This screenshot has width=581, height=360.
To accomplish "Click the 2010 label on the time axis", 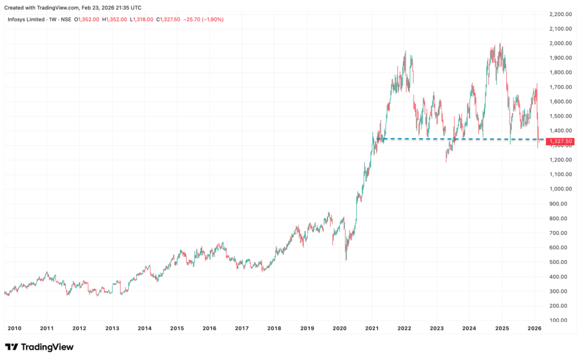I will (x=14, y=328).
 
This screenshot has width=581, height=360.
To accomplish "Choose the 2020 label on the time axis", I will (x=339, y=328).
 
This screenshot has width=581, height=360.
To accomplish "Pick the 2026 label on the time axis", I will (x=534, y=328).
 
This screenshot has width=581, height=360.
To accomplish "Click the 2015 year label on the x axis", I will (x=177, y=328).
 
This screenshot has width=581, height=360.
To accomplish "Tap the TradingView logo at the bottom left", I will (x=39, y=347).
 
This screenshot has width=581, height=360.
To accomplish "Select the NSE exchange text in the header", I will (x=66, y=19).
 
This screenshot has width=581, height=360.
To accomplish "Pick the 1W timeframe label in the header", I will (x=51, y=19).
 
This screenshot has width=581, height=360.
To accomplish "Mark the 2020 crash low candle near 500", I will (x=346, y=259).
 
